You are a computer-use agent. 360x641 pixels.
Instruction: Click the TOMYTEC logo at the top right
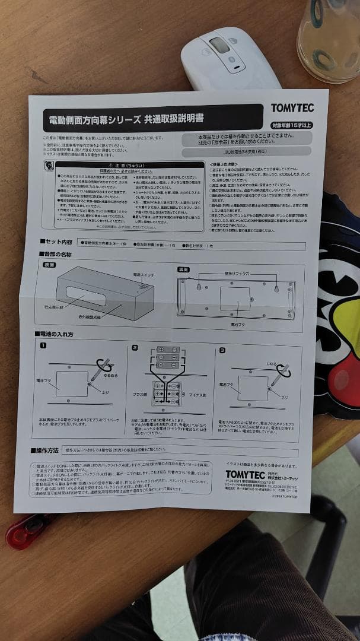(x=292, y=108)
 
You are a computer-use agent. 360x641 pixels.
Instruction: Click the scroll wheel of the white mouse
(x=218, y=45)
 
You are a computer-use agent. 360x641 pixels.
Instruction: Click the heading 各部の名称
(x=56, y=254)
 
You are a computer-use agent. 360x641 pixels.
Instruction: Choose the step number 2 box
(x=135, y=347)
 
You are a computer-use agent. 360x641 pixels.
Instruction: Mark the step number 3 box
(x=222, y=350)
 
